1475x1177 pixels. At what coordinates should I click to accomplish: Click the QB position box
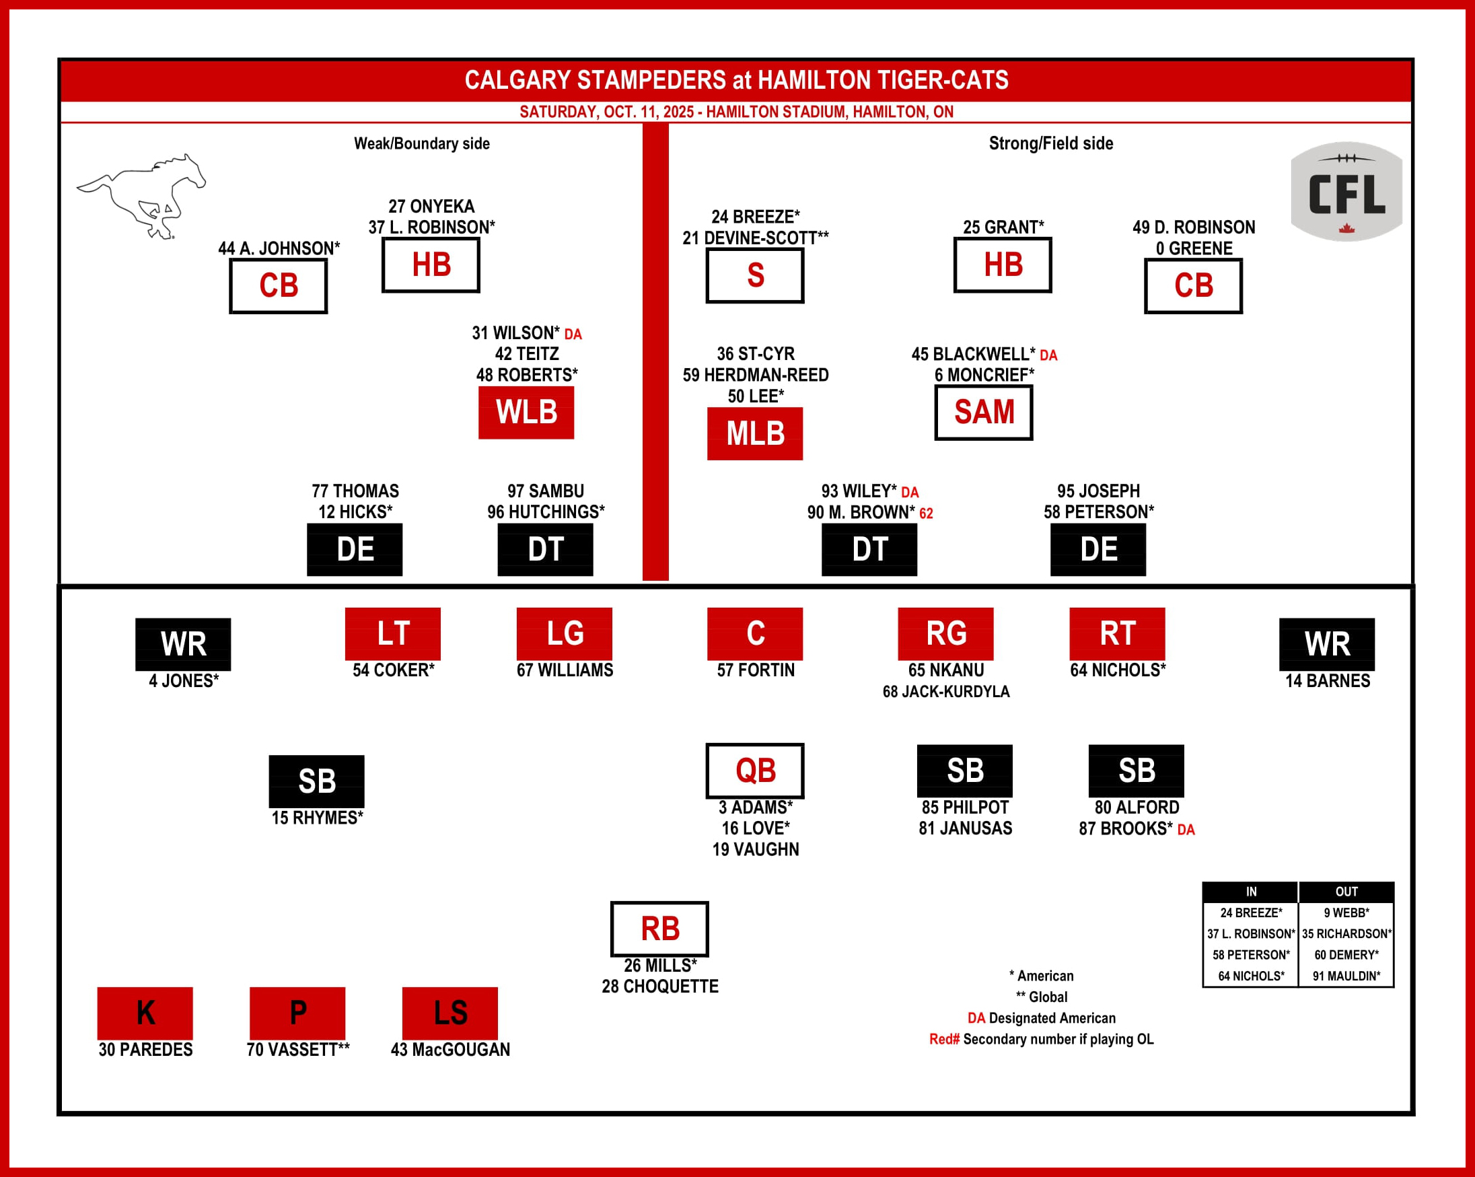tap(754, 771)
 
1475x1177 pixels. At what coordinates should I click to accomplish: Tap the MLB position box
tap(754, 433)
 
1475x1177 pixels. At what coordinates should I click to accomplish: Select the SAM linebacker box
tap(983, 412)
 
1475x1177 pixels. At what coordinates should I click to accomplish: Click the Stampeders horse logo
tap(141, 197)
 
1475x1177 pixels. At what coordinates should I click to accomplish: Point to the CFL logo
tap(1346, 192)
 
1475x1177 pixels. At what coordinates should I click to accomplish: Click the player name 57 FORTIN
tap(755, 670)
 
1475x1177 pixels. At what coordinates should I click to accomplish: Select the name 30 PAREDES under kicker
tap(145, 1049)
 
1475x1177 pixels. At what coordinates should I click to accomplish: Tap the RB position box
tap(659, 929)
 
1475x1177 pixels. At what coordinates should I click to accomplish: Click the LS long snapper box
tap(449, 1013)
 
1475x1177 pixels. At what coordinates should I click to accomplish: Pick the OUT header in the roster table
tap(1346, 892)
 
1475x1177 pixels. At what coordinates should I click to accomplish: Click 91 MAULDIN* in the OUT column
tap(1346, 976)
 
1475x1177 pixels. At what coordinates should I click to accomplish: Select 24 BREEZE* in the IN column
tap(1251, 913)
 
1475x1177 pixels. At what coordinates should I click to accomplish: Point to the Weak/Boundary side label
tap(421, 144)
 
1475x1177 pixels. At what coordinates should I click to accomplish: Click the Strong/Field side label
tap(1051, 144)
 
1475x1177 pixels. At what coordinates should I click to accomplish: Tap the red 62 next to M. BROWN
tap(926, 513)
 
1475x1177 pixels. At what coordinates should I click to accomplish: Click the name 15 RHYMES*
tap(317, 818)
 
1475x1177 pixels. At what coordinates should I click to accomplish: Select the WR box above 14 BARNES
tap(1326, 644)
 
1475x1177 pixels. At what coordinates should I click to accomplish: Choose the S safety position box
tap(754, 275)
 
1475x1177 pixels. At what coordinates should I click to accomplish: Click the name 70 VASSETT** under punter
tap(297, 1049)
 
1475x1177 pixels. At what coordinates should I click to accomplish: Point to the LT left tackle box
tap(392, 634)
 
